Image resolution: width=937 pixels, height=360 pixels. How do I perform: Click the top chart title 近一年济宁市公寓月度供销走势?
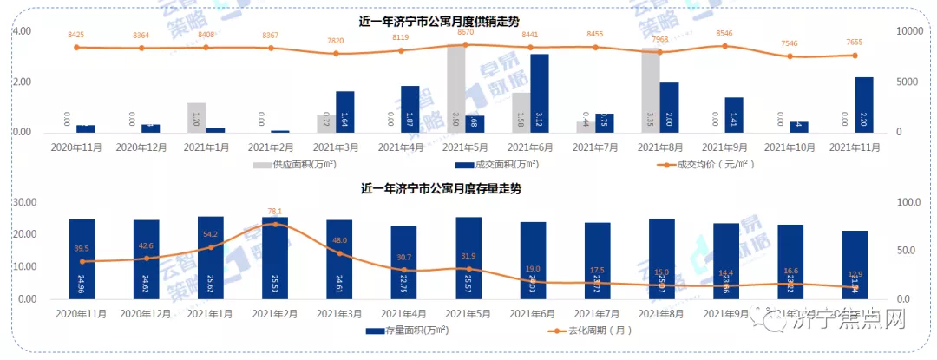(x=445, y=20)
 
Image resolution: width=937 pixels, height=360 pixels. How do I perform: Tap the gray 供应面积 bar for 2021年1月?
(x=196, y=117)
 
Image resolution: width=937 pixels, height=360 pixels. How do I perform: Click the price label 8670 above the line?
(x=466, y=30)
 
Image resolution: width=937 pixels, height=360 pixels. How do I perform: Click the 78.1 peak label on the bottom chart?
(x=274, y=211)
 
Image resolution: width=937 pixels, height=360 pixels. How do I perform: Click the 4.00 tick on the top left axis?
(x=21, y=31)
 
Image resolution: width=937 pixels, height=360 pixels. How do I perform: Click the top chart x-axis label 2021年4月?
(x=402, y=147)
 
